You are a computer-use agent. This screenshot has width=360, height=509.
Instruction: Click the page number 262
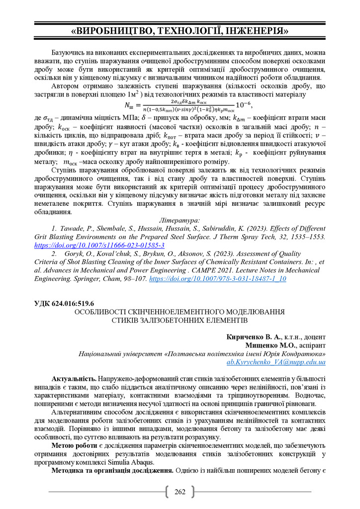pyautogui.click(x=180, y=492)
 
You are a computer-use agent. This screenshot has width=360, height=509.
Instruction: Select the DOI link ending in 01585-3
pyautogui.click(x=99, y=246)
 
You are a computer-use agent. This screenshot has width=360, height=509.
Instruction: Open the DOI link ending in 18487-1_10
pyautogui.click(x=218, y=279)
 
